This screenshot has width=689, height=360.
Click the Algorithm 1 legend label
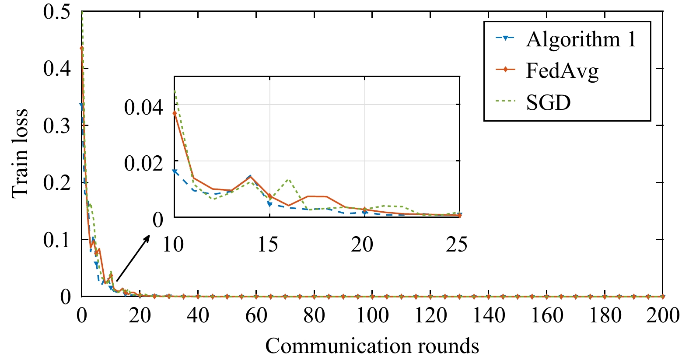click(581, 40)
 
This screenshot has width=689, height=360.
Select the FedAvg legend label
click(562, 71)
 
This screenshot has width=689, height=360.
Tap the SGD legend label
click(549, 103)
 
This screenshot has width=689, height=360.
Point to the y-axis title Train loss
click(20, 153)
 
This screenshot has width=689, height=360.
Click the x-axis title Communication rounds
click(372, 346)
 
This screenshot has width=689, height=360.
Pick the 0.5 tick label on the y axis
click(56, 11)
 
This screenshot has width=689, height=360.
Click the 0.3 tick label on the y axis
click(56, 126)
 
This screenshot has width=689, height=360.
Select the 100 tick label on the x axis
click(372, 315)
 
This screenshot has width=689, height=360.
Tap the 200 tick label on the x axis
click(662, 315)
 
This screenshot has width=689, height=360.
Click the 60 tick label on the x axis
click(256, 315)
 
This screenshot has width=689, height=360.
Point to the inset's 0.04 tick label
click(143, 107)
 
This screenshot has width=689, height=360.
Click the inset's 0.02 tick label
click(143, 163)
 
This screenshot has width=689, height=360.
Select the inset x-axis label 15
click(268, 244)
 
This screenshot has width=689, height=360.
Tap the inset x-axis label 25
click(457, 244)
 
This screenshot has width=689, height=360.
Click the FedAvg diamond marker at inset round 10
click(175, 113)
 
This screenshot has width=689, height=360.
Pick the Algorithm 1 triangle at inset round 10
click(175, 172)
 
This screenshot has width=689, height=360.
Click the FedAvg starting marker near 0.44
click(82, 48)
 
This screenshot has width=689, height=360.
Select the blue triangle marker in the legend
click(505, 38)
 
